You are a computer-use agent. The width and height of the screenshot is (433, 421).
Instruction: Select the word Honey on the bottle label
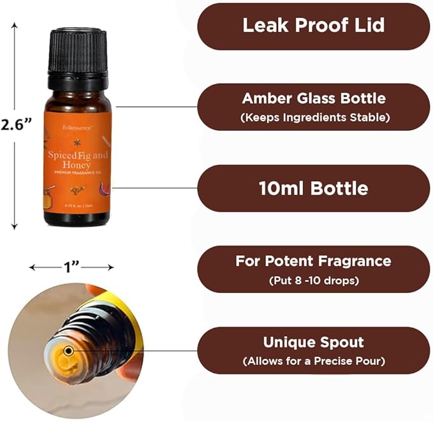77,164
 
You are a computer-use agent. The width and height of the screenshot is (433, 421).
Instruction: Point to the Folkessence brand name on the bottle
77,127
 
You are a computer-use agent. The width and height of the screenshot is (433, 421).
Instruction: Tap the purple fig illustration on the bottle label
105,188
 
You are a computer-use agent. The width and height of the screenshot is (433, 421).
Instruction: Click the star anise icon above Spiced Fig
77,142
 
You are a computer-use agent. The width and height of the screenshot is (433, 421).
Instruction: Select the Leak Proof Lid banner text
313,26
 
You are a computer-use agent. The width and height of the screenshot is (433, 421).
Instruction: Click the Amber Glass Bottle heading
313,98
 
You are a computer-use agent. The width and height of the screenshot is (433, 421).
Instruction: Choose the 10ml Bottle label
313,188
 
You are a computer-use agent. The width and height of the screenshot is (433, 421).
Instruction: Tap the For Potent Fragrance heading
313,261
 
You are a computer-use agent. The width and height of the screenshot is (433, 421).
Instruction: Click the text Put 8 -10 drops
313,280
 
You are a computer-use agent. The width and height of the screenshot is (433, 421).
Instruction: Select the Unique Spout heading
313,342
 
